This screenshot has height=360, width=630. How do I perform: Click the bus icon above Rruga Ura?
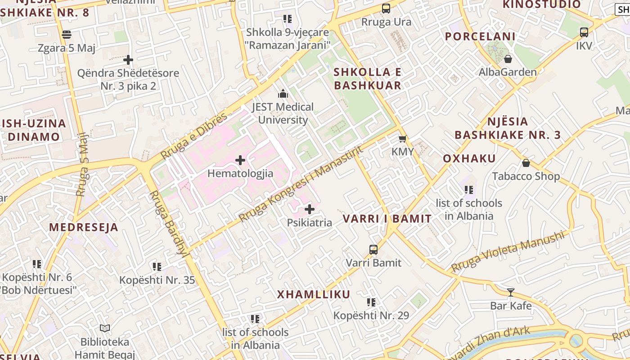pos(386,9)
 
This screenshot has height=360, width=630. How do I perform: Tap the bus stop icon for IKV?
pos(584,32)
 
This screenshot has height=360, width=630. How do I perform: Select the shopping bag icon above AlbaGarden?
pos(508,59)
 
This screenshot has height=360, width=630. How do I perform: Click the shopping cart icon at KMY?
pos(402,139)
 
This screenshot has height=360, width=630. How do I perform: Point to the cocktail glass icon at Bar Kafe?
pos(511,292)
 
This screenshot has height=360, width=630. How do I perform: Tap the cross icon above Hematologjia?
pos(240,160)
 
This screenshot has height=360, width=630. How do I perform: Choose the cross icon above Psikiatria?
pos(310,209)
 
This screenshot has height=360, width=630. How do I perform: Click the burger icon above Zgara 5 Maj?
pos(67,35)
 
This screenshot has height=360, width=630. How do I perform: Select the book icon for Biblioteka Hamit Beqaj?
pos(105,328)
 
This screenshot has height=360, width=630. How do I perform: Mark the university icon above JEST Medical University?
pos(283,94)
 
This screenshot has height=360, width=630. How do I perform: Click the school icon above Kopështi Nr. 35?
pos(157,267)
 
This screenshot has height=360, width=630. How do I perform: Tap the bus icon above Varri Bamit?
pos(373,249)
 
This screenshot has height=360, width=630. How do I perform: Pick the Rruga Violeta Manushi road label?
pos(508,252)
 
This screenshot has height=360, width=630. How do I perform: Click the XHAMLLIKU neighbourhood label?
pos(313,295)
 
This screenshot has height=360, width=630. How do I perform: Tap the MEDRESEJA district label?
pos(84,227)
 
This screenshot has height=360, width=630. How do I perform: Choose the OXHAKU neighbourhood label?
pos(469,158)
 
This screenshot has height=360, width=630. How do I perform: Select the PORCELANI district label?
pos(480,36)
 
